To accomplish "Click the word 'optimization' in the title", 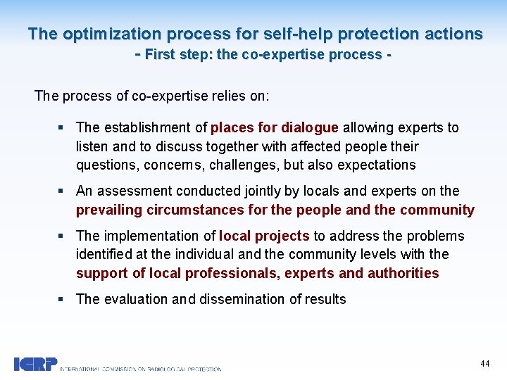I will click(x=104, y=34).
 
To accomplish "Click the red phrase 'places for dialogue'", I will click(x=275, y=127).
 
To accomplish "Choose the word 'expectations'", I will click(x=377, y=165).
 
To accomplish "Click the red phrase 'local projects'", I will click(x=264, y=236).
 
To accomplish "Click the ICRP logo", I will click(x=35, y=364).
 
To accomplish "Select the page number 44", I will click(x=484, y=363).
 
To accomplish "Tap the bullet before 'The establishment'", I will click(x=62, y=128).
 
